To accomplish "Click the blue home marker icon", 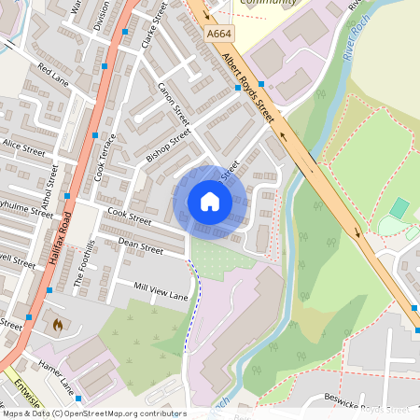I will pos(210,202).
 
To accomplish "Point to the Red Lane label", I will pos(54,72).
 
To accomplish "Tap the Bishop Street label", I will pos(168,146).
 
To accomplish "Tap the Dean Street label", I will pos(140,246).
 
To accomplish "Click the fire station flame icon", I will pos(57,326).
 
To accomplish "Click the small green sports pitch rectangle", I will pos(399,208).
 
